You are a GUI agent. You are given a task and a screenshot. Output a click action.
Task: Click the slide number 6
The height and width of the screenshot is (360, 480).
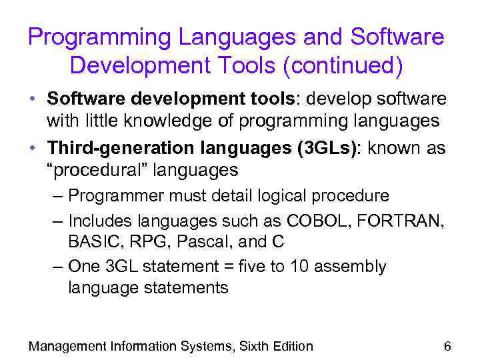447,345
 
